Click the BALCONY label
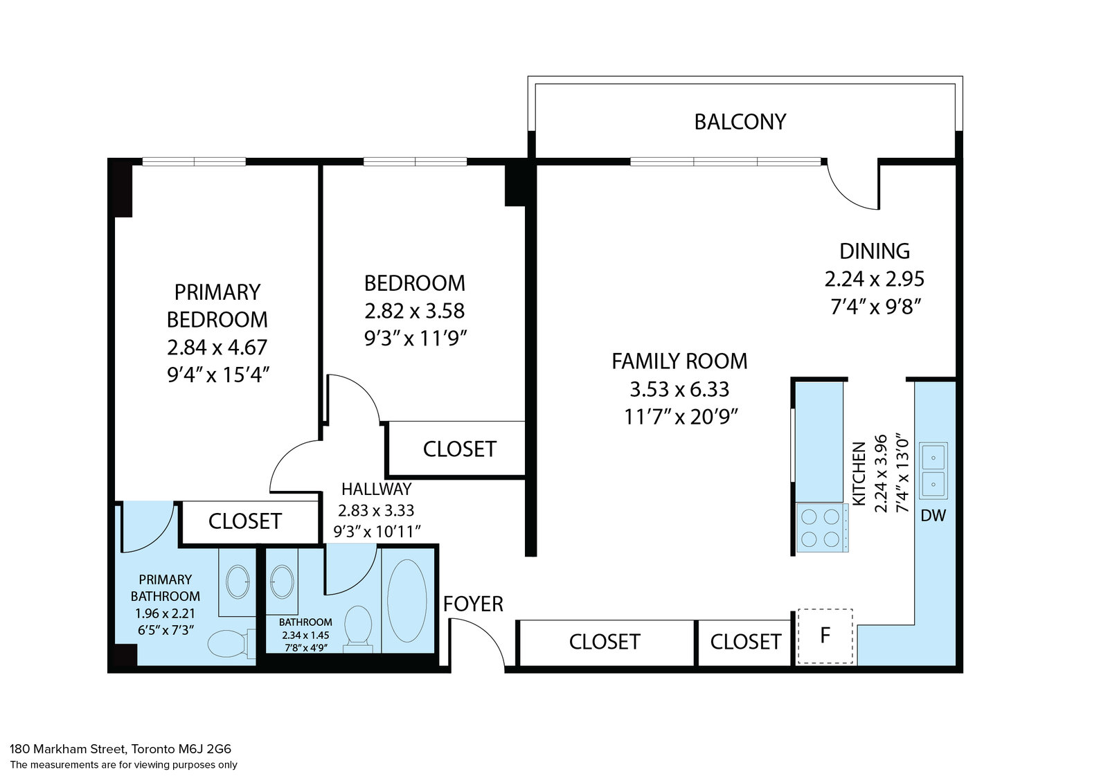point(740,122)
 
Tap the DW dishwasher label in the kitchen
point(933,515)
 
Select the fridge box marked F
point(825,636)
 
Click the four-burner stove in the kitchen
point(821,528)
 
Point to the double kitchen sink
point(933,471)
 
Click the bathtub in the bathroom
point(407,601)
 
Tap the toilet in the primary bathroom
point(228,643)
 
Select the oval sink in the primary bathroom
point(239,582)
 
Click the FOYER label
point(473,604)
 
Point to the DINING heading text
point(874,251)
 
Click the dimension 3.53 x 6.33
point(679,389)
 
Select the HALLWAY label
point(376,489)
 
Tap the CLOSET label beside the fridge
point(745,642)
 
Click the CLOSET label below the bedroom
point(459,449)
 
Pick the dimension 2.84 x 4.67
point(217,347)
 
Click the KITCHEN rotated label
point(859,474)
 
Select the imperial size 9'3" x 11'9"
point(415,339)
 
